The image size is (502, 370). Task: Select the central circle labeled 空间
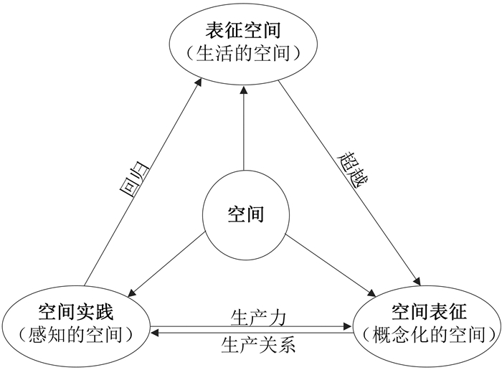(245, 214)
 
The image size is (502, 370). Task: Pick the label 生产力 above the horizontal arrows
(259, 316)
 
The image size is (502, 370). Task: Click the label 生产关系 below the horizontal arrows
(259, 345)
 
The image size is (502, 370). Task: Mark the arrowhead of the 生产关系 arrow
(155, 333)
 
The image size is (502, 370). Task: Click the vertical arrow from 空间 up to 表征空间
(244, 129)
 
